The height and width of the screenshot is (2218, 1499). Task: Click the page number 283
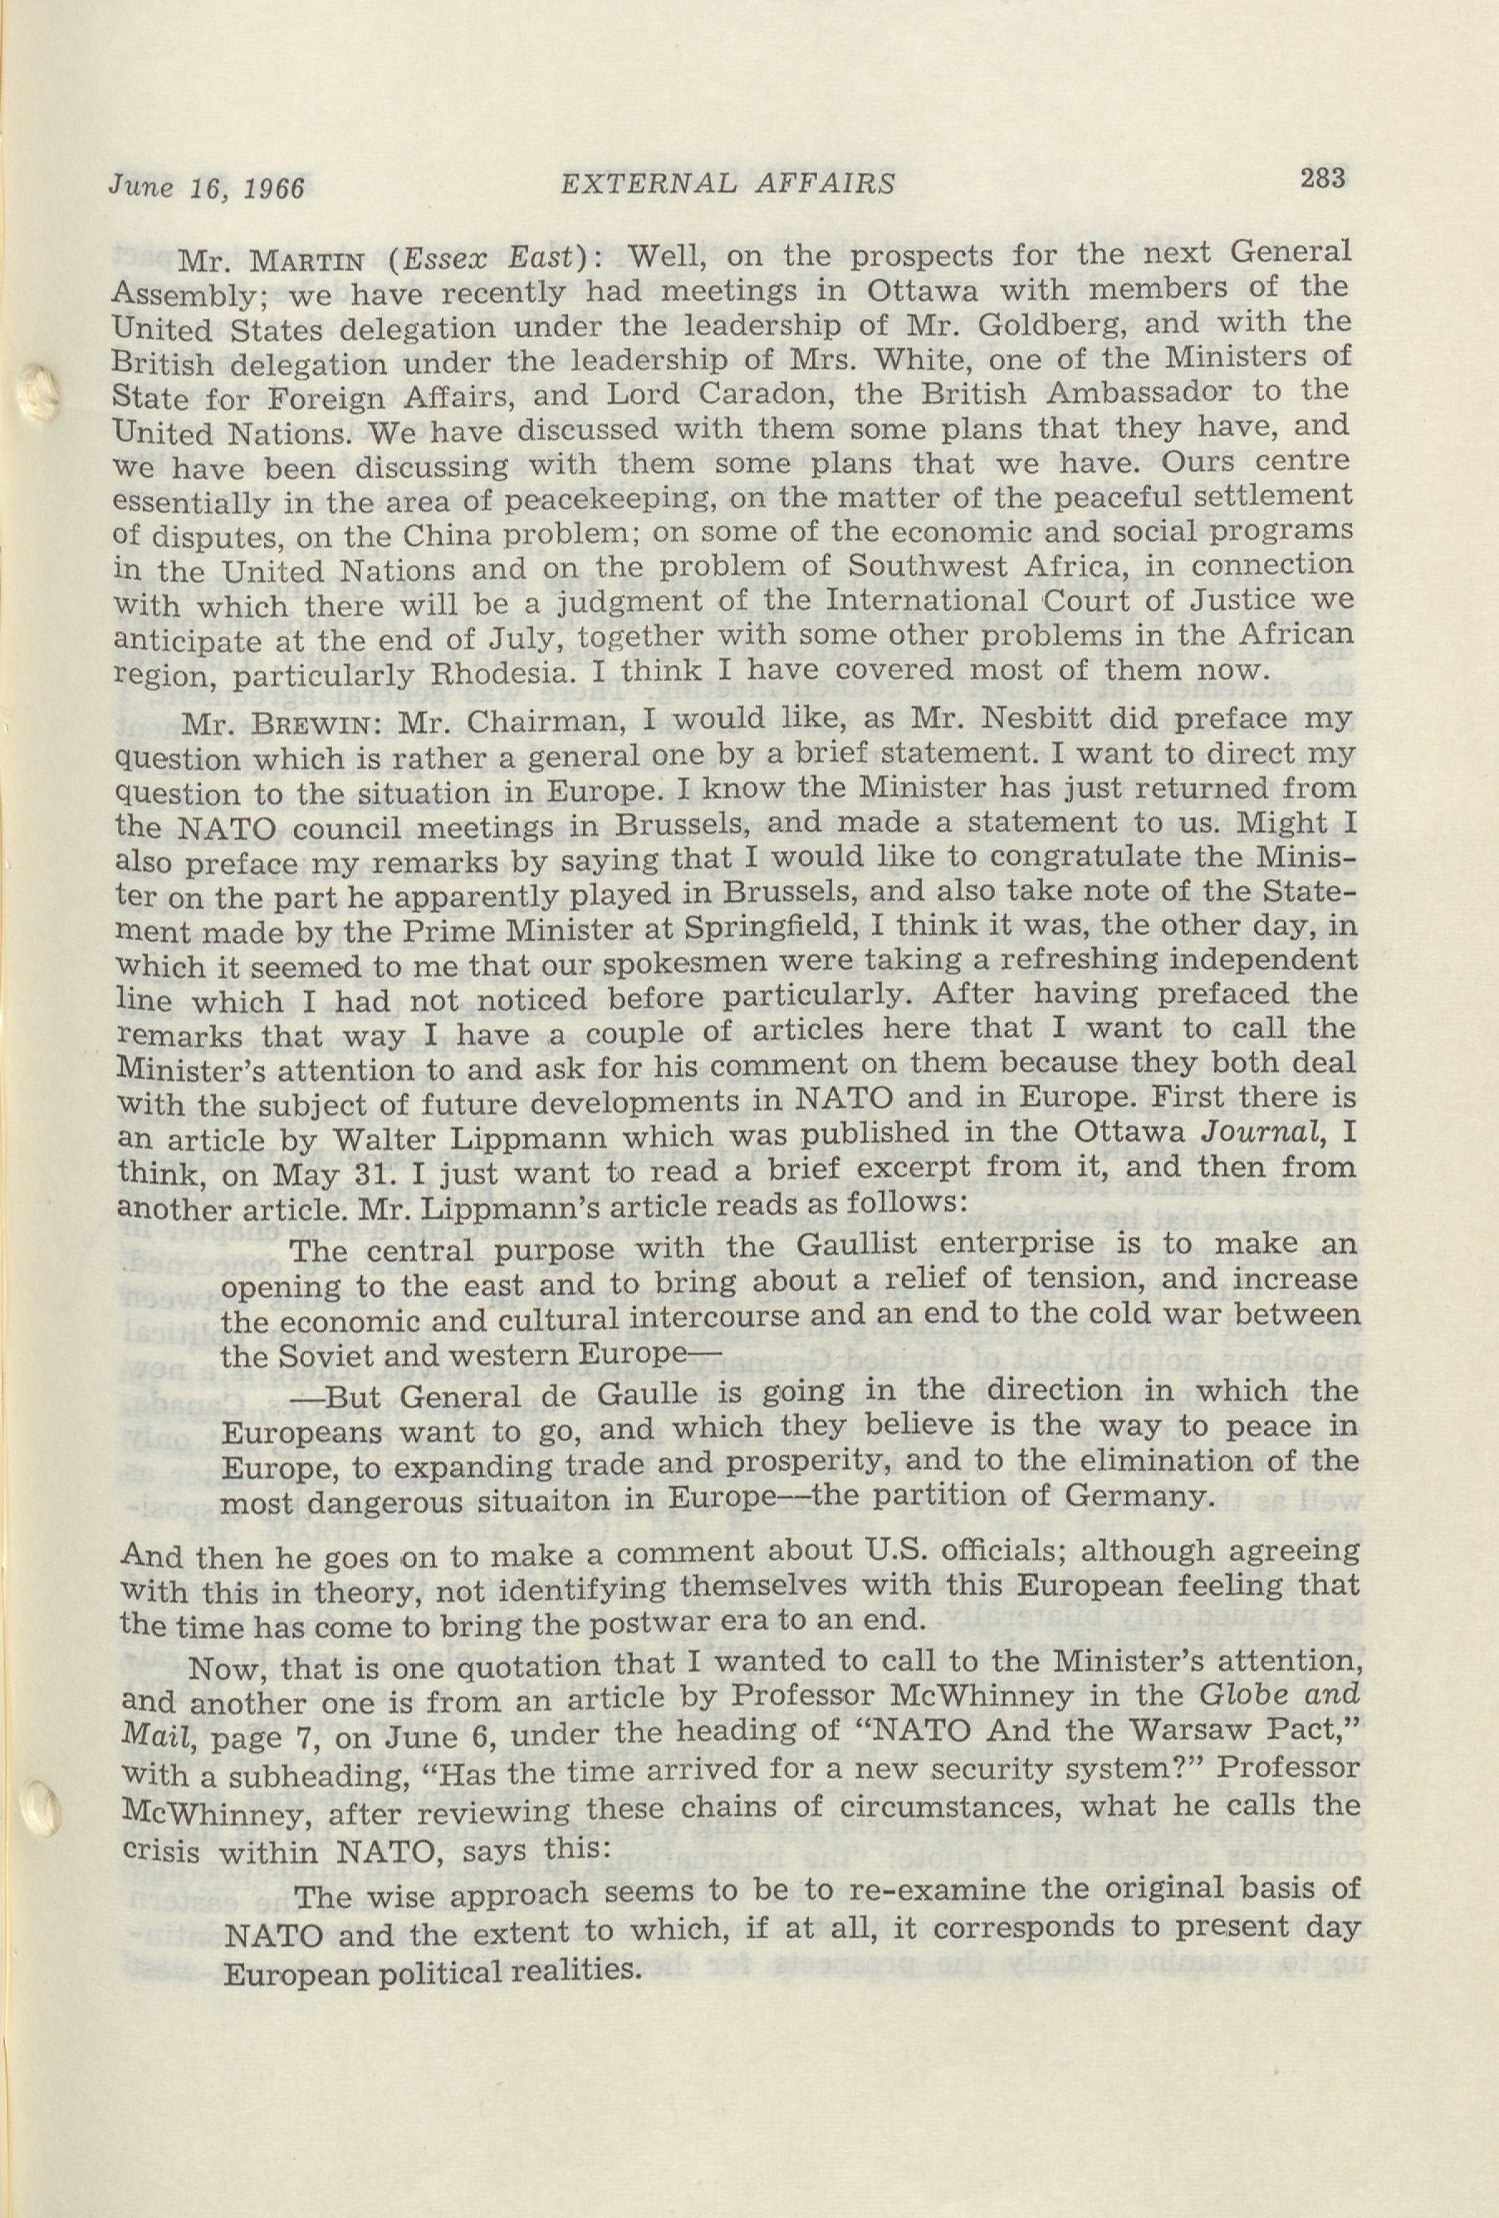1320,178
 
